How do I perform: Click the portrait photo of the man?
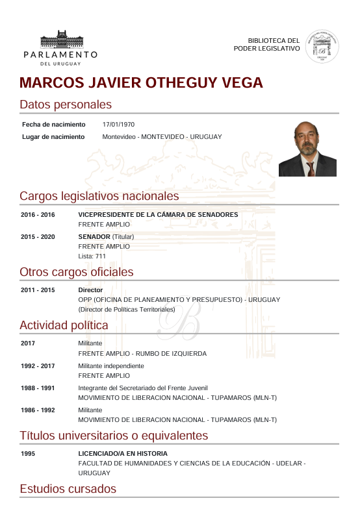click(307, 148)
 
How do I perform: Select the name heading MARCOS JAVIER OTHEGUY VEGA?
click(141, 83)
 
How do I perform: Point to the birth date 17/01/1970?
click(118, 124)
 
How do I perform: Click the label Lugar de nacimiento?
click(53, 137)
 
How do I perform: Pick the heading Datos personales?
click(66, 105)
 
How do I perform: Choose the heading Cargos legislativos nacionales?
click(99, 195)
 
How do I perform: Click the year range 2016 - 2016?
click(38, 214)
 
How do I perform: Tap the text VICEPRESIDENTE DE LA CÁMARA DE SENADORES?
click(158, 214)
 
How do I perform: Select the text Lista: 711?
click(92, 256)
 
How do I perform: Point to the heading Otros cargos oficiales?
click(76, 271)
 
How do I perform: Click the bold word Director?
click(90, 290)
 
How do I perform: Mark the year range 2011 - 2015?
click(38, 290)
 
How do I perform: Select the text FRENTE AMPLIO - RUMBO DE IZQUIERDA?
click(142, 354)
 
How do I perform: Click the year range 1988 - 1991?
click(38, 388)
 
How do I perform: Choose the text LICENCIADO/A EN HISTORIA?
click(123, 453)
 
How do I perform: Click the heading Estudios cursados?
click(68, 489)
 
